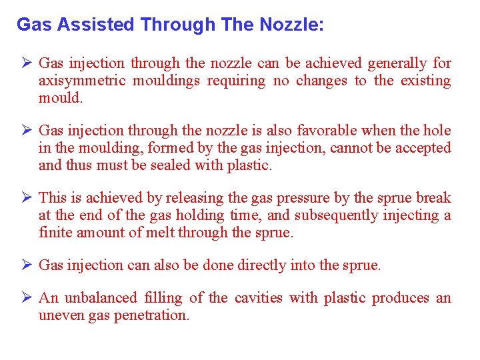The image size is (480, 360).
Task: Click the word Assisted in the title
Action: (97, 25)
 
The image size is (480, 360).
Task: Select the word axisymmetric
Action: (81, 81)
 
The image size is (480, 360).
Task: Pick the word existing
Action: (426, 81)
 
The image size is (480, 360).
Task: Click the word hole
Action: (437, 131)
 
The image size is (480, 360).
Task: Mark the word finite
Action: (54, 233)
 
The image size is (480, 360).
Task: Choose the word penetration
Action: (151, 315)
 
